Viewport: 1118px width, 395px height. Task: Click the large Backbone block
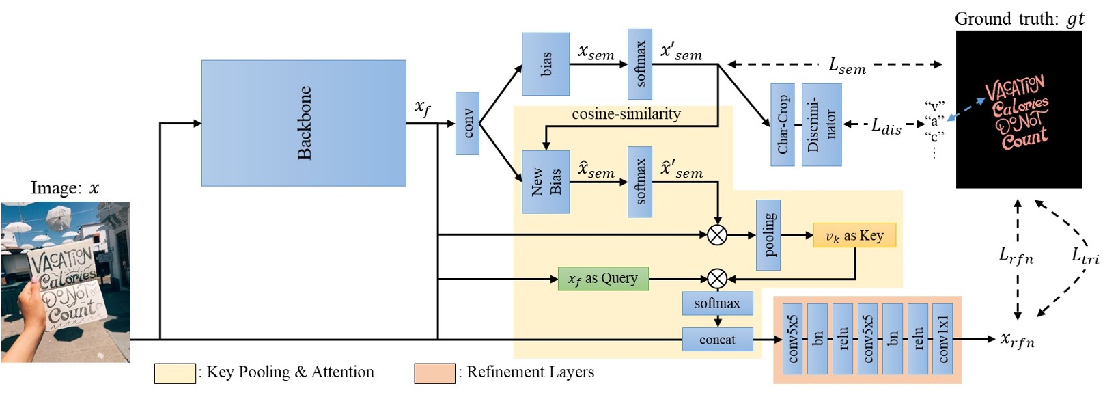coord(303,123)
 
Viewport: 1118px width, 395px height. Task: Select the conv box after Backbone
coord(467,123)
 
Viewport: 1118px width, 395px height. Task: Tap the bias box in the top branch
coord(546,64)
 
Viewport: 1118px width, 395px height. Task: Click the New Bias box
coord(546,182)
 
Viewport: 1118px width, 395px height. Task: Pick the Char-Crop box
coord(782,124)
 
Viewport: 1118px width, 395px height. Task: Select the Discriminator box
coord(821,124)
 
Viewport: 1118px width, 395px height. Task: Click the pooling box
coord(768,234)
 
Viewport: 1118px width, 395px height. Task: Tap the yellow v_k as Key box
coord(854,236)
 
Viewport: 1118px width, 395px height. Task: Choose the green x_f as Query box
coord(602,279)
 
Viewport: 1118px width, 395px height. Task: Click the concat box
coord(717,340)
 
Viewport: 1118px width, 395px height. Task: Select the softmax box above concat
coord(717,303)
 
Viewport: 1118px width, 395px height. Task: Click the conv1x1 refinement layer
coord(942,339)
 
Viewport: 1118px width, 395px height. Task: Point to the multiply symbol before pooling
coord(716,235)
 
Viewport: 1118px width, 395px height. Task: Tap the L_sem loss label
coord(847,66)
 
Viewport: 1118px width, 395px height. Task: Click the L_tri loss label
coord(1085,256)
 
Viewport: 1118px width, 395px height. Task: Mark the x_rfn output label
coord(1017,340)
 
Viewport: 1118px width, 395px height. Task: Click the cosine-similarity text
coord(626,114)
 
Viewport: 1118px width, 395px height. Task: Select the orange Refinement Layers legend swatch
coord(434,373)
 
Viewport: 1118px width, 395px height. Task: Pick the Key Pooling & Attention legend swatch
coord(175,373)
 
